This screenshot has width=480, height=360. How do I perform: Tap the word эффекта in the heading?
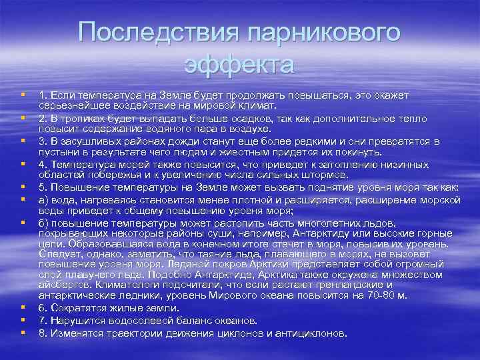239,65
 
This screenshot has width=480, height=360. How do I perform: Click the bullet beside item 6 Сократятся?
23,307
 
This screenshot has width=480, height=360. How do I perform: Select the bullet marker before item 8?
23,331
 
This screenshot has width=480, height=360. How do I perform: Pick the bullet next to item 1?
23,95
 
